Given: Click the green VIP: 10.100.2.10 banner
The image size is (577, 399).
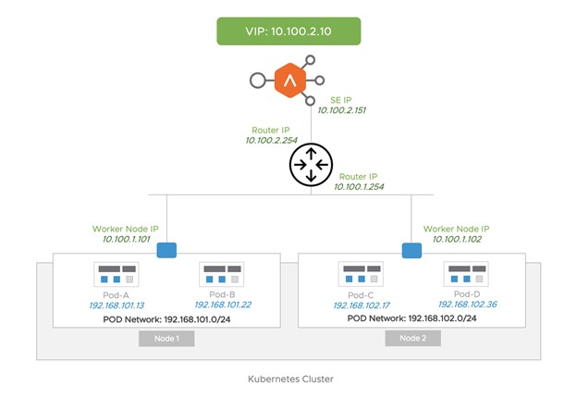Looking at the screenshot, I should pyautogui.click(x=287, y=31).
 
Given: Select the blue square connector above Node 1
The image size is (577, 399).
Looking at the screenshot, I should pyautogui.click(x=167, y=249).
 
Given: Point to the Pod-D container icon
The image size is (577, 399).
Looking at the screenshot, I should pyautogui.click(x=465, y=275).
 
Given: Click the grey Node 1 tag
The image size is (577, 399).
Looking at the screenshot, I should pyautogui.click(x=166, y=338).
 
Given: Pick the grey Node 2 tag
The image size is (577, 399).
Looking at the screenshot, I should pyautogui.click(x=412, y=338).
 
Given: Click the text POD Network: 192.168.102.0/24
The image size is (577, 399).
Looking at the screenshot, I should pyautogui.click(x=412, y=318).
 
